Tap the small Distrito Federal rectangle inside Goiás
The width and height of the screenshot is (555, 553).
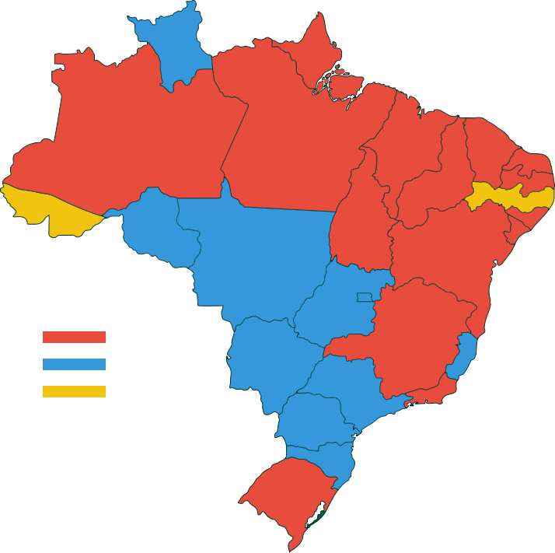365,297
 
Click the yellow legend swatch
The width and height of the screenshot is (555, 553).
74,392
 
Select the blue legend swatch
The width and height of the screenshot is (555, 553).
74,364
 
